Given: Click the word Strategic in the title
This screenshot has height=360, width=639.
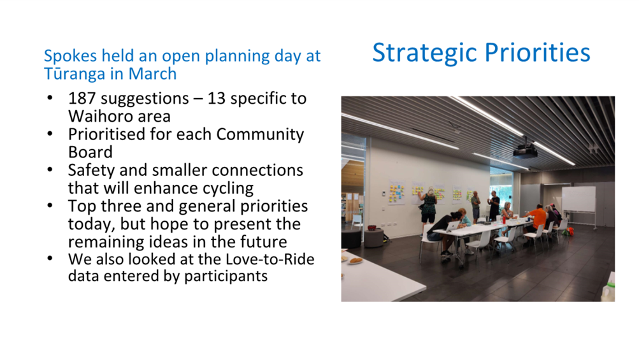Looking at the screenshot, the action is click(x=425, y=54).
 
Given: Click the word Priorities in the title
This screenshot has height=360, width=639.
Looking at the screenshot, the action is click(x=537, y=52).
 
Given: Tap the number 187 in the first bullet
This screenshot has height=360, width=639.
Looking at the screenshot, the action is click(x=82, y=99).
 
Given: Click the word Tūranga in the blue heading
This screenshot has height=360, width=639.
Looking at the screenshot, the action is click(x=75, y=74).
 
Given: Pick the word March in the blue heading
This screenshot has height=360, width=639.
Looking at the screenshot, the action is click(x=152, y=74).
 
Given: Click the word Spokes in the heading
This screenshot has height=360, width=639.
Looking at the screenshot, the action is click(x=71, y=56).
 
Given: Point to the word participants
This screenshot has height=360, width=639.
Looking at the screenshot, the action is click(x=226, y=277).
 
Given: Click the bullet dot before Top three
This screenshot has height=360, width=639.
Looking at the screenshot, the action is click(x=50, y=206).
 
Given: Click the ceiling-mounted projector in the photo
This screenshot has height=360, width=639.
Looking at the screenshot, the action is click(x=525, y=152).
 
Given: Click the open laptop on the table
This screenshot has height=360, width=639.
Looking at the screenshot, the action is click(x=453, y=226).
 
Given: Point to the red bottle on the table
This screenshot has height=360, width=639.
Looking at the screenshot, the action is click(x=504, y=220).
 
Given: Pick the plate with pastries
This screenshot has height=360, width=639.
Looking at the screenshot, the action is click(x=355, y=261).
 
